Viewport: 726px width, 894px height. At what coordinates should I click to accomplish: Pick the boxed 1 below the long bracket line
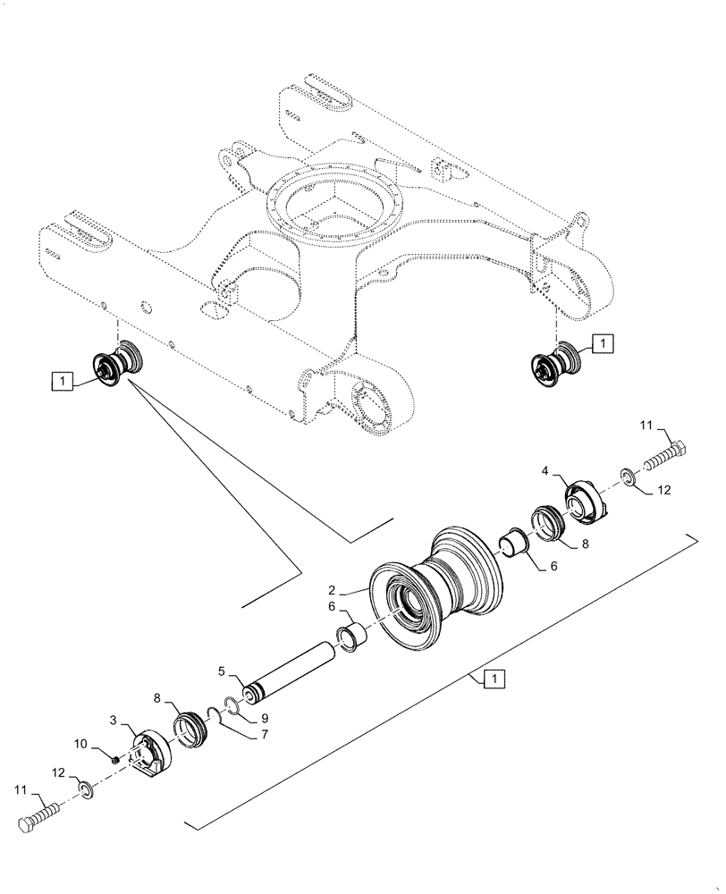pos(494,680)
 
